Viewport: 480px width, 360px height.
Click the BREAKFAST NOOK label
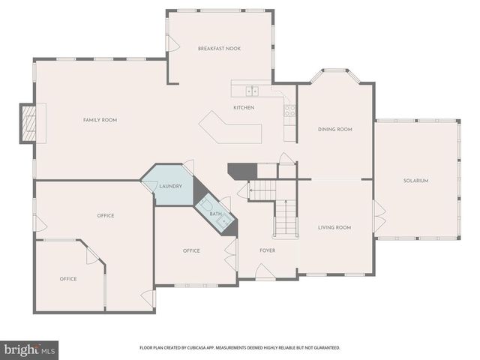[219, 48]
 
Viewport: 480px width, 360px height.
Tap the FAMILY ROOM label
[100, 120]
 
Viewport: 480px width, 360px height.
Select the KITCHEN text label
[244, 108]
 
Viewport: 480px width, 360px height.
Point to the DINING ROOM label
[334, 129]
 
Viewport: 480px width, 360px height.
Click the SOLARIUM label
[415, 180]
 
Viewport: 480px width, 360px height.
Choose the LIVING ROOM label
[334, 227]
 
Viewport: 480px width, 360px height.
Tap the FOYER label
[268, 250]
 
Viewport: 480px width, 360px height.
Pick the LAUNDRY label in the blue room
[170, 186]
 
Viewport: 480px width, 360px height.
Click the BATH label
[215, 214]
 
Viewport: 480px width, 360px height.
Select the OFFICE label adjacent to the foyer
[191, 250]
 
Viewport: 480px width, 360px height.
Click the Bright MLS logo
[30, 349]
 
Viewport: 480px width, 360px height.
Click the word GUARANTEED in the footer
[325, 348]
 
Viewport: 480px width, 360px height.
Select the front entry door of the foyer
[265, 275]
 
